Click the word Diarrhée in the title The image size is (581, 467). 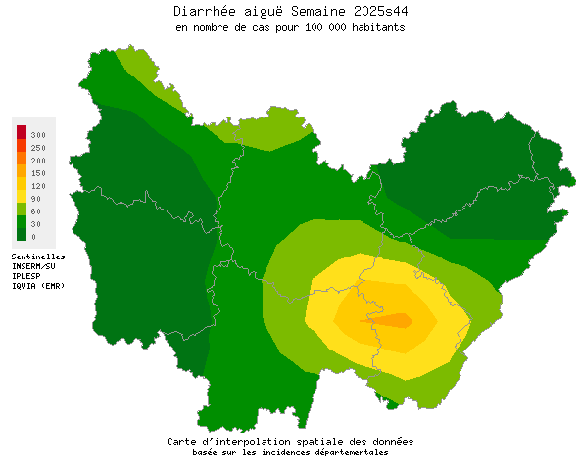201,11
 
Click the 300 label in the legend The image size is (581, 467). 38,134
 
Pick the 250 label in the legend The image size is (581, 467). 38,147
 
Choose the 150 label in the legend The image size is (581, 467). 38,172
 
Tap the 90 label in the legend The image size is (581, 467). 35,199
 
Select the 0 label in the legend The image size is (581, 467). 33,237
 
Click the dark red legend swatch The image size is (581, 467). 22,132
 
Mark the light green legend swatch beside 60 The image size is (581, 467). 22,210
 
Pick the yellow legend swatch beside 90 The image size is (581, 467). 22,197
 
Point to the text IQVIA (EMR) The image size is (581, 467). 38,285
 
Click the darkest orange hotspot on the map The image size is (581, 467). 397,320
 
